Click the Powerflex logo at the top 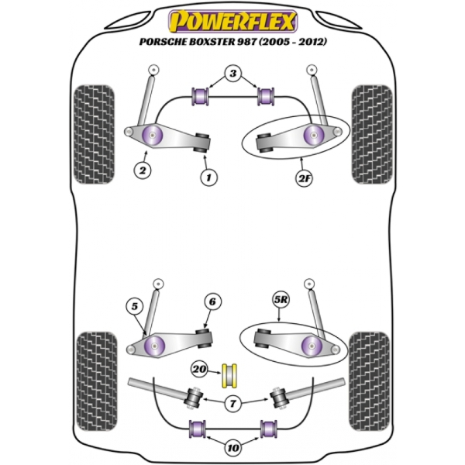click(232, 18)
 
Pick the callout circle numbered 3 click(232, 75)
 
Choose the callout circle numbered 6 click(212, 302)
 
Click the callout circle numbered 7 click(233, 403)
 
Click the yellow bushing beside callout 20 click(229, 374)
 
